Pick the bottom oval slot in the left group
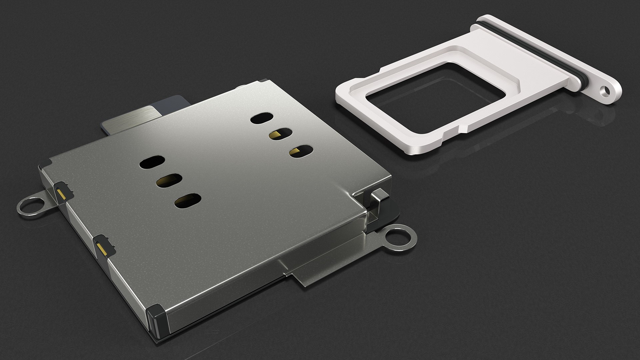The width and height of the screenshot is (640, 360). pyautogui.click(x=188, y=200)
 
